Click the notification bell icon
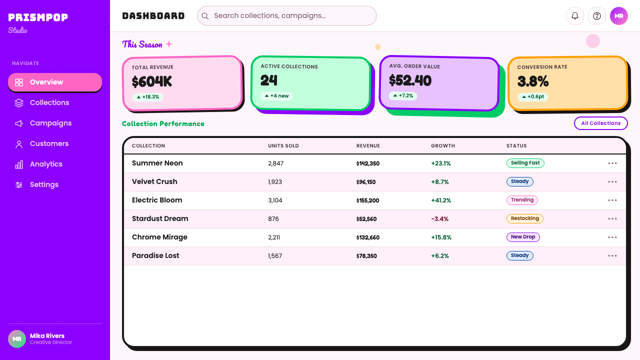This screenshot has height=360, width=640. point(575,16)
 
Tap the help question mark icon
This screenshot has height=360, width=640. point(597,16)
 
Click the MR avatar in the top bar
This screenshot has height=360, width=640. point(619,16)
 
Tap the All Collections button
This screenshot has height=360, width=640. point(601,123)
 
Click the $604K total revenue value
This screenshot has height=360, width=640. point(151,81)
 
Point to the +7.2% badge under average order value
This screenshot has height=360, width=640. point(403,95)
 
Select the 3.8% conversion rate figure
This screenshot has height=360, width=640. point(533,81)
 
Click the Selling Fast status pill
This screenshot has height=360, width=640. point(525,163)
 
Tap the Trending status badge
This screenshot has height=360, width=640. point(522,199)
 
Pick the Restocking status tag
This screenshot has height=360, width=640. point(525,218)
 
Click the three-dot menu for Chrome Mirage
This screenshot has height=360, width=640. point(612,237)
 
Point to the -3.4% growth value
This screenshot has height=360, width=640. point(439,219)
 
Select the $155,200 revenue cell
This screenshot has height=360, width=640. point(367,200)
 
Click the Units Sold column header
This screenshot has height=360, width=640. point(283,145)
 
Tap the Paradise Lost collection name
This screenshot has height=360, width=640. point(155,255)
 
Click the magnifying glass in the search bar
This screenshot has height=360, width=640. point(205,16)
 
